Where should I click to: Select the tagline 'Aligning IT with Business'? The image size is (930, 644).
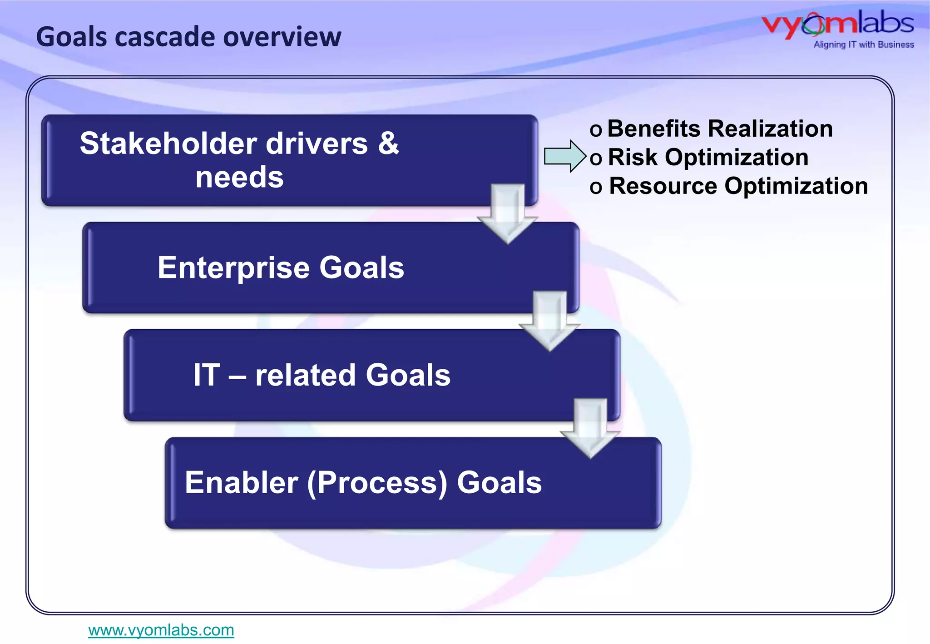coord(863,45)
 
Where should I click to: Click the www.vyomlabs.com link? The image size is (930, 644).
coord(161,630)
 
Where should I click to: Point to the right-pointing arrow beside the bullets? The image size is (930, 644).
coord(564,156)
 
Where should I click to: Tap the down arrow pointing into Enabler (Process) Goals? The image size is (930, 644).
coord(590,428)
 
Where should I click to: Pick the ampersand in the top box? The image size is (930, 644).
coord(388,144)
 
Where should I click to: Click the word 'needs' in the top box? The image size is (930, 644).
coord(239,177)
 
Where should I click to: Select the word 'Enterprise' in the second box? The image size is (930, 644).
coord(233,268)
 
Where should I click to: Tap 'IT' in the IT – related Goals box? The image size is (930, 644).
coord(207,375)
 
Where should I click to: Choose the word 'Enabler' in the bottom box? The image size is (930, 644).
coord(241,482)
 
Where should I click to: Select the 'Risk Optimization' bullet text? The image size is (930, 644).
coord(708,158)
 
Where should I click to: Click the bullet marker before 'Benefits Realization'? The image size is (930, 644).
coord(596,130)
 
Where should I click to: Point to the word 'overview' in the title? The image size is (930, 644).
coord(282,37)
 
